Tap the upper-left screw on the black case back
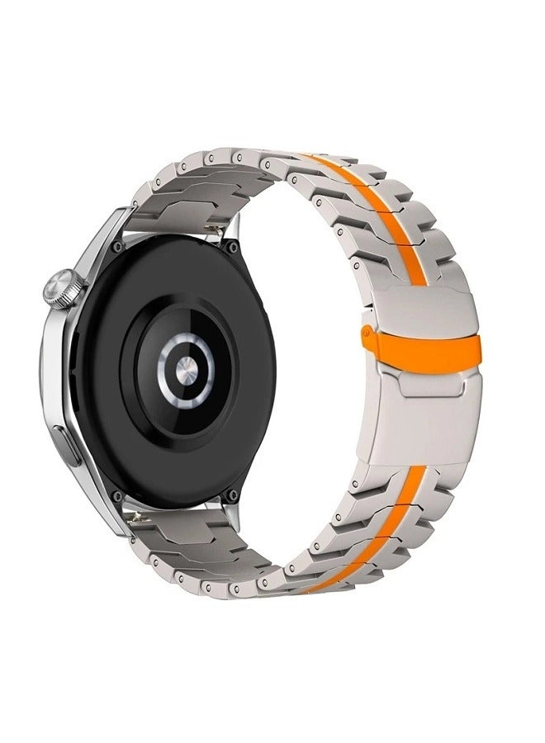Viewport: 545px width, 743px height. pos(121,245)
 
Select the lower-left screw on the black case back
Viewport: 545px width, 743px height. pos(118,495)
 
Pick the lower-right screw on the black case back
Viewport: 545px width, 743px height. pos(234,495)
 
